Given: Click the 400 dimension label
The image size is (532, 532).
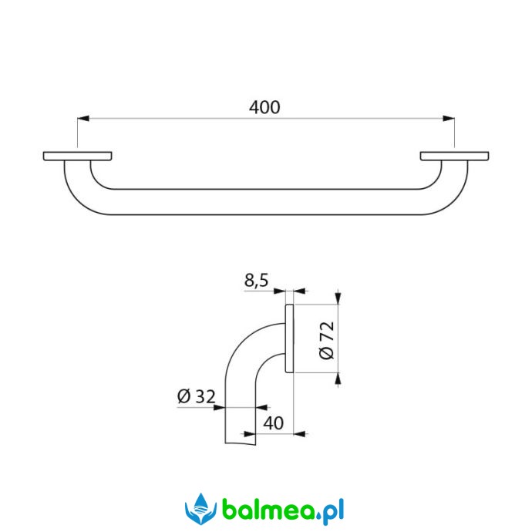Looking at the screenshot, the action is tap(264, 107).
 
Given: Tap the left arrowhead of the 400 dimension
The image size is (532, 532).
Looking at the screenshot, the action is tap(83, 119).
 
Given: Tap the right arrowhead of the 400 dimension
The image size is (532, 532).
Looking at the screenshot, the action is tap(449, 119).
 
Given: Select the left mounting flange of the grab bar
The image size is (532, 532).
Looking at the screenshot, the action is tap(78, 156).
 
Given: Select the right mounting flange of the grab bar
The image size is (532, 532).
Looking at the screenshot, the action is tap(455, 156).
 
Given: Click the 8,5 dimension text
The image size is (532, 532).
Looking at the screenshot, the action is tap(256, 281).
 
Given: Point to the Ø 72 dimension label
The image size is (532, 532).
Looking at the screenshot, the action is tap(327, 340).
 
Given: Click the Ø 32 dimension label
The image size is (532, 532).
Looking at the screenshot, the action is tap(196, 396).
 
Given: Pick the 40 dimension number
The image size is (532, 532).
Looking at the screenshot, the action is tap(274, 423).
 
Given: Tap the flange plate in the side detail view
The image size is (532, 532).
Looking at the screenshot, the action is tap(289, 338).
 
